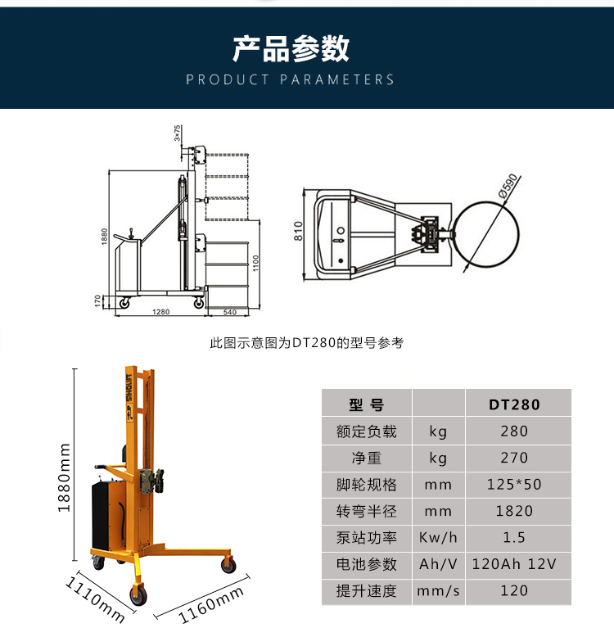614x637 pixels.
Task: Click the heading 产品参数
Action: (x=291, y=49)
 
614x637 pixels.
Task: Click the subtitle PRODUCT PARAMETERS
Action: (x=290, y=79)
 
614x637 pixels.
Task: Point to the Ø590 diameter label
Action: (x=508, y=186)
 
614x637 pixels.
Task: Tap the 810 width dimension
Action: (x=299, y=231)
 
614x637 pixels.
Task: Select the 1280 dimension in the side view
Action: (x=160, y=312)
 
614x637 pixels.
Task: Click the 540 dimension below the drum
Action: (x=230, y=312)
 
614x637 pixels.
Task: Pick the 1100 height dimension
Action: (x=255, y=264)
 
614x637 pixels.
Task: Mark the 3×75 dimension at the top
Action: (x=177, y=133)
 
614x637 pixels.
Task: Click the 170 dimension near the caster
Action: (x=97, y=301)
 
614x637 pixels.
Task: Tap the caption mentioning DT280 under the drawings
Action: (x=307, y=343)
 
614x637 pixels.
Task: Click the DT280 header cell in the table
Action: (x=514, y=404)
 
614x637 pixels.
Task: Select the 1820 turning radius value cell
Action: (x=514, y=511)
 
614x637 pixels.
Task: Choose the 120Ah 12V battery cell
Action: (x=514, y=564)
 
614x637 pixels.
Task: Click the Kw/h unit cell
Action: (x=438, y=537)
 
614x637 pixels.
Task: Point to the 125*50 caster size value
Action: (x=514, y=484)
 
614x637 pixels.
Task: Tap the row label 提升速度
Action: (x=366, y=590)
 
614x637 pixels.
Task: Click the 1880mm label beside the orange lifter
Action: (x=64, y=478)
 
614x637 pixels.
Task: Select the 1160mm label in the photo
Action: (x=211, y=605)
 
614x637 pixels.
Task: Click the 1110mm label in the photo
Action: (x=95, y=599)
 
